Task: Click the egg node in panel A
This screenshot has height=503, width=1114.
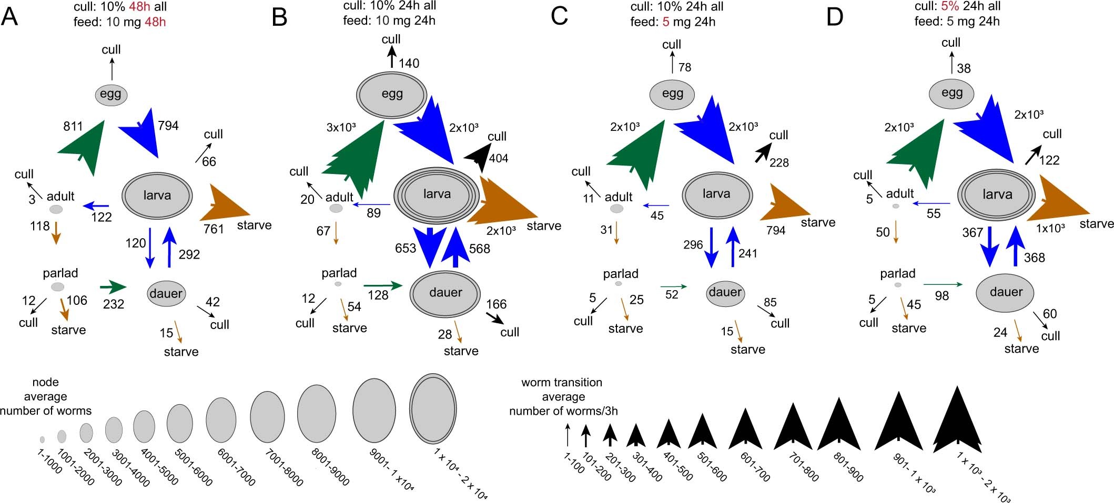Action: [x=111, y=95]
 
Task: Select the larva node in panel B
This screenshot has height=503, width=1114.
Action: [x=437, y=194]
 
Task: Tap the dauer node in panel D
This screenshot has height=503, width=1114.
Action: [x=1006, y=292]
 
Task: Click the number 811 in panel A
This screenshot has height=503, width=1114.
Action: [x=73, y=126]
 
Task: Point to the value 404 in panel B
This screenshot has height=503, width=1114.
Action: [x=498, y=158]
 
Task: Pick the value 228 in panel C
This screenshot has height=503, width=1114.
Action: [x=778, y=163]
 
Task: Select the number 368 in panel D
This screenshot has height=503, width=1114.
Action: [x=1034, y=258]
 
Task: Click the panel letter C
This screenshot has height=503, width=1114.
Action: [x=559, y=17]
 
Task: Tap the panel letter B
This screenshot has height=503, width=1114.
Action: [x=279, y=18]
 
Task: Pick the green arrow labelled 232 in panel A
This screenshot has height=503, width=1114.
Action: [x=113, y=287]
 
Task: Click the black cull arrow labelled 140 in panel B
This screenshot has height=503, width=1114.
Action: [x=391, y=56]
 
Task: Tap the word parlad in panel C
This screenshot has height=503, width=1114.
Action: [x=621, y=274]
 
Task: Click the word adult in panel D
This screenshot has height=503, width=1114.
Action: [x=900, y=193]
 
